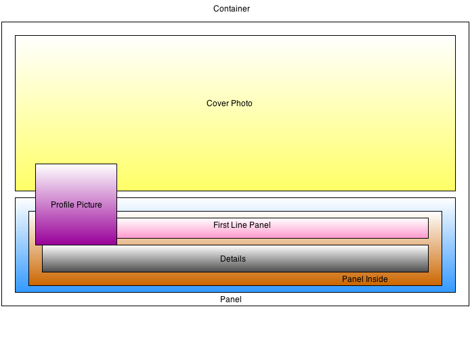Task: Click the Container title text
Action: [x=232, y=9]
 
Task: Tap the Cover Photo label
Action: [x=230, y=103]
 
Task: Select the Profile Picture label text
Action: [x=76, y=205]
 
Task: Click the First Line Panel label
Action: [x=242, y=225]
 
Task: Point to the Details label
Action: [x=233, y=259]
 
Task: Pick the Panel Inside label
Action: [x=365, y=279]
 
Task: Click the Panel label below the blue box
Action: [x=231, y=299]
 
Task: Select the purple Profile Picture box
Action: [x=76, y=204]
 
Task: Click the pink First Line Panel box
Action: [x=272, y=228]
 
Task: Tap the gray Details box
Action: [x=235, y=258]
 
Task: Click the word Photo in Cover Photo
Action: [x=242, y=103]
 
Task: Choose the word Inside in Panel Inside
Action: [x=377, y=279]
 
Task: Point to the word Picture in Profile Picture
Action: [x=89, y=205]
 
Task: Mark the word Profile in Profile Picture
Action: [x=63, y=205]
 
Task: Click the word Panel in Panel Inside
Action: [x=353, y=279]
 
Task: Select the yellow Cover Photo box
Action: [x=235, y=113]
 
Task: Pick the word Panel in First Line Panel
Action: [x=260, y=225]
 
